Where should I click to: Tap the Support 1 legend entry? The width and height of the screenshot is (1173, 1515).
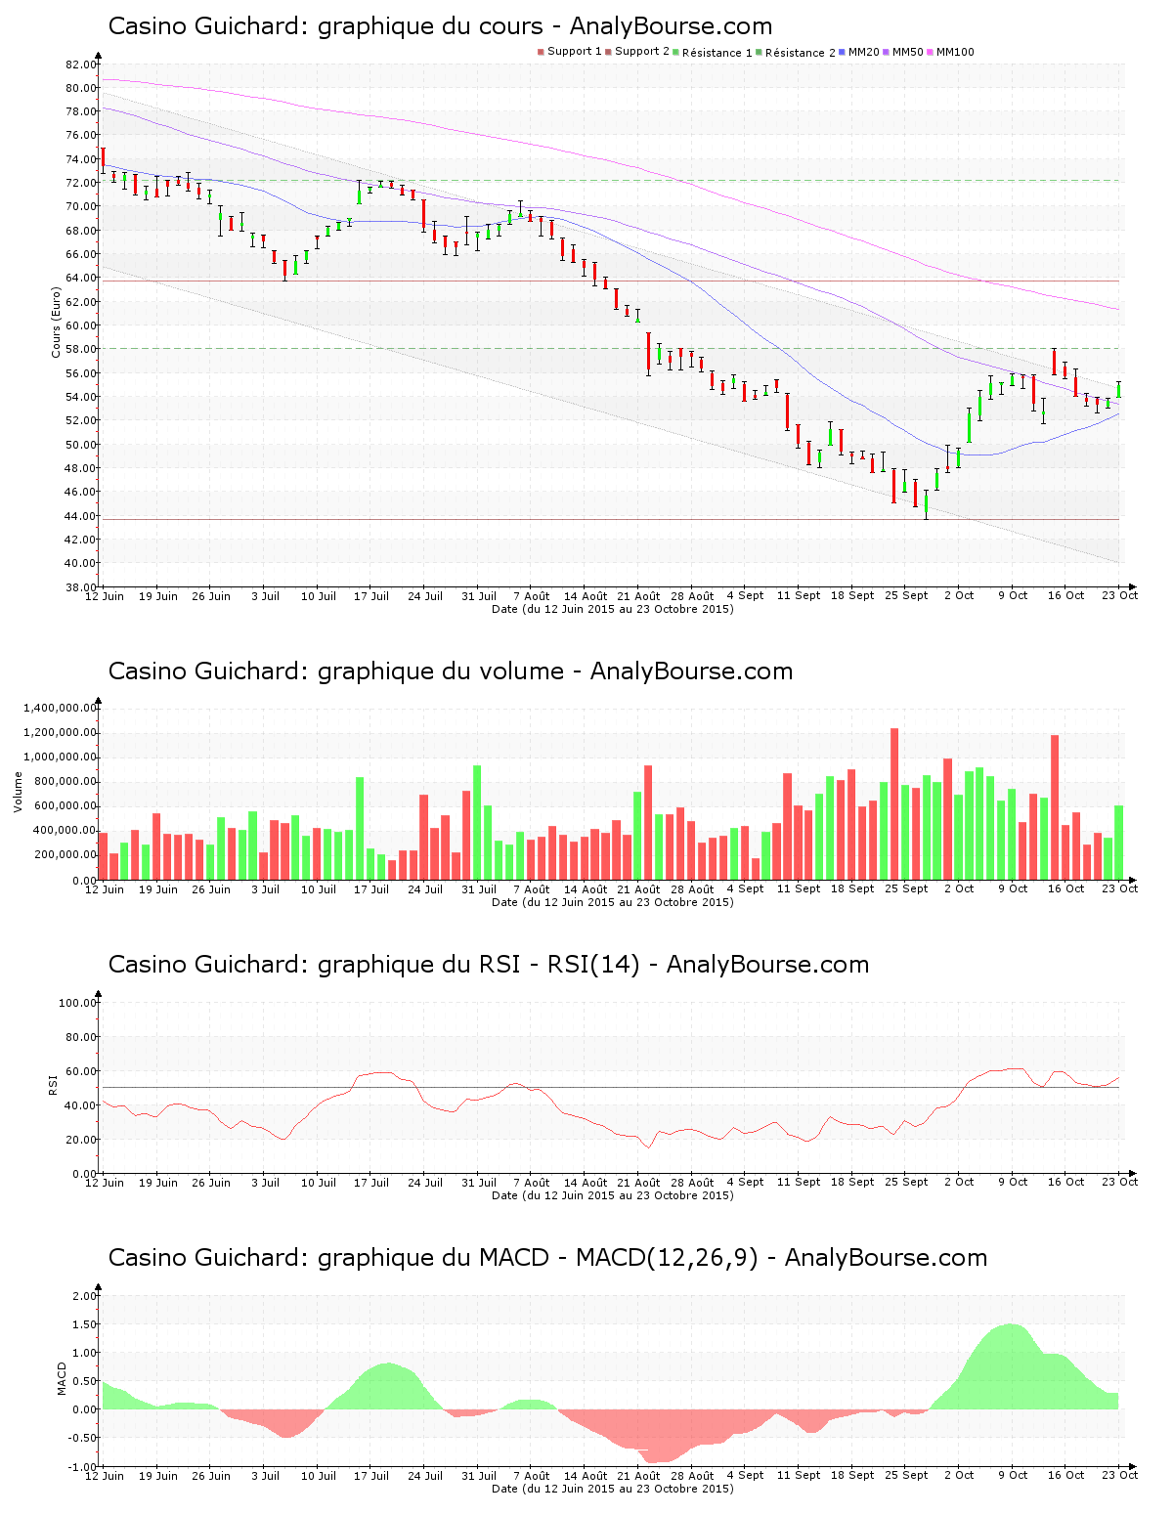click(x=574, y=51)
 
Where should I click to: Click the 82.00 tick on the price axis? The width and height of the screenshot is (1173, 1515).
click(x=81, y=65)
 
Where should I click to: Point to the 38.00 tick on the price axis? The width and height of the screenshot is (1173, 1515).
click(x=81, y=586)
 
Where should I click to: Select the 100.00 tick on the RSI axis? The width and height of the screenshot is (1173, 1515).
click(x=77, y=1003)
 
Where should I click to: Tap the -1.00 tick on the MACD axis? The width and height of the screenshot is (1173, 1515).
click(x=83, y=1466)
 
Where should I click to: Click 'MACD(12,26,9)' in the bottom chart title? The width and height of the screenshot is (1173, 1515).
click(x=667, y=1258)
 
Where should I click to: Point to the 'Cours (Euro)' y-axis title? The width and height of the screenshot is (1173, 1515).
click(x=56, y=323)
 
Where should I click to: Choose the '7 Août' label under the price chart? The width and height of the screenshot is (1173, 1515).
click(x=531, y=596)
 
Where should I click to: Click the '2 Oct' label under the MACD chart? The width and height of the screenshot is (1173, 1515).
click(x=959, y=1476)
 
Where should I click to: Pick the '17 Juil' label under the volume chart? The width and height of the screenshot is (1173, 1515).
click(x=371, y=889)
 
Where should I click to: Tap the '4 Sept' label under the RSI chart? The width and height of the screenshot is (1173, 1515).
click(x=745, y=1183)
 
